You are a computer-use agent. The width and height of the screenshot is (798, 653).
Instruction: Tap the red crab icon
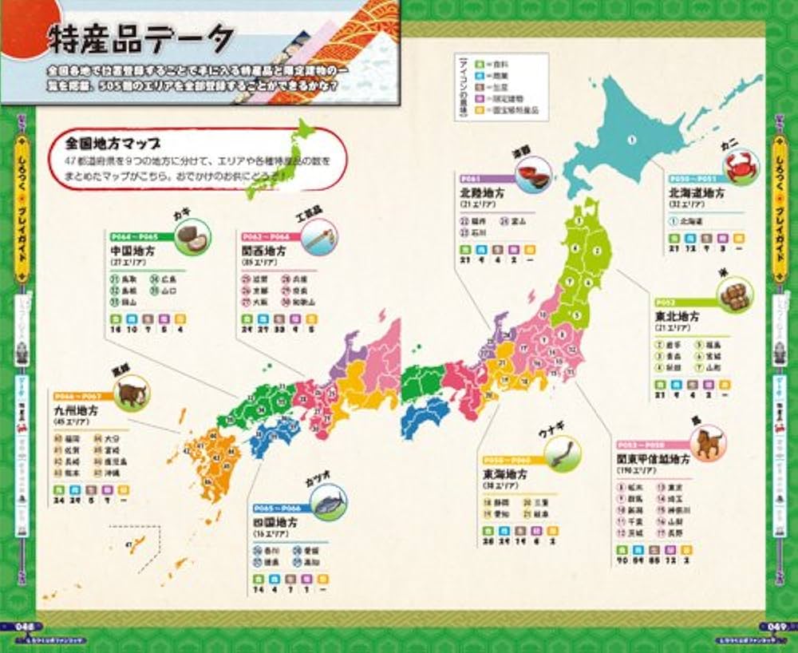click(x=741, y=168)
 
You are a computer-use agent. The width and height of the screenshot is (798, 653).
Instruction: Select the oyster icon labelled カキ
click(x=187, y=237)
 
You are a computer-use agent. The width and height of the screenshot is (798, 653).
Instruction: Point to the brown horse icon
click(x=707, y=442)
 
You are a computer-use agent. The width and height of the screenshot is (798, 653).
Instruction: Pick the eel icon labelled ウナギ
click(x=563, y=454)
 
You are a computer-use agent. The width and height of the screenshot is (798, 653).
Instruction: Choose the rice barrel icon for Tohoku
click(x=736, y=294)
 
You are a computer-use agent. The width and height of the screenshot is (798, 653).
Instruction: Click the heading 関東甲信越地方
click(x=653, y=460)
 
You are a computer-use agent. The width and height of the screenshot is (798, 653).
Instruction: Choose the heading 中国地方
click(x=132, y=251)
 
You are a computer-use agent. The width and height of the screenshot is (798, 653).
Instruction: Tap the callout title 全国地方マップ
click(x=113, y=145)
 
